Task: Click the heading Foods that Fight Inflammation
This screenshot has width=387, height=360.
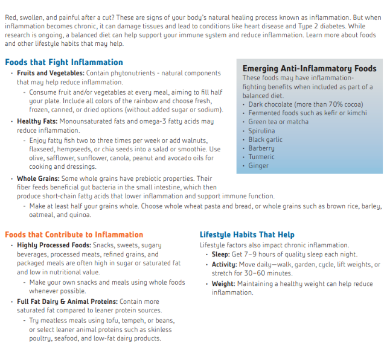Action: tap(64, 62)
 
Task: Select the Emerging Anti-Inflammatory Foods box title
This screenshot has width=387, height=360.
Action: tap(309, 69)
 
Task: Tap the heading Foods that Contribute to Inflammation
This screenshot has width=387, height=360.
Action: tap(74, 235)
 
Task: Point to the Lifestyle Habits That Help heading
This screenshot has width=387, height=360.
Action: tap(247, 235)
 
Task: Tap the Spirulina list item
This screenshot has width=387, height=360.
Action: tap(261, 130)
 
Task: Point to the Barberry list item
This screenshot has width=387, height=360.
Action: tap(261, 148)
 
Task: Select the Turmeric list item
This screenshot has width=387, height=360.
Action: tap(261, 157)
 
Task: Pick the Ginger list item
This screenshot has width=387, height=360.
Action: tap(258, 165)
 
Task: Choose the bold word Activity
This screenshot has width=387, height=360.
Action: tap(224, 264)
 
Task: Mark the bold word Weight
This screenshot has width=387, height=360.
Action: tap(223, 283)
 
